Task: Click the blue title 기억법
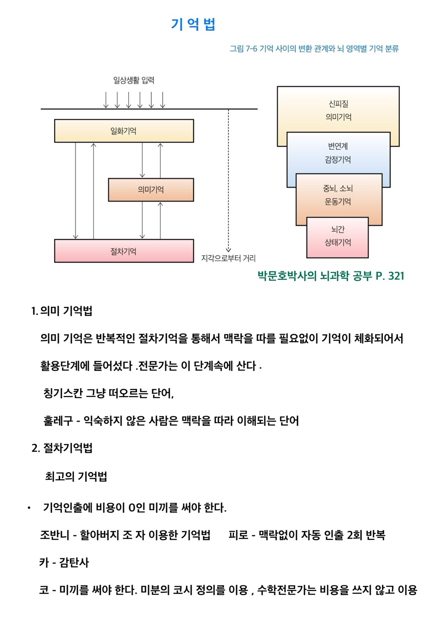pos(193,24)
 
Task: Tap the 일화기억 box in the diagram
pos(124,131)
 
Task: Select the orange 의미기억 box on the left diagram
pos(151,190)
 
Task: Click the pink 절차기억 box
pos(124,251)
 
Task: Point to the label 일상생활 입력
pos(133,80)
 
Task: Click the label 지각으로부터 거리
pos(228,258)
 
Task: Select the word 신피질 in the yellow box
pos(338,104)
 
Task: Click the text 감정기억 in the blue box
pos(338,159)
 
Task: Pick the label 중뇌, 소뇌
pos(338,188)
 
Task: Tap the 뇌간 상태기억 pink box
pos(337,237)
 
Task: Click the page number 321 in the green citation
pos(396,276)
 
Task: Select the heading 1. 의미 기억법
pos(62,311)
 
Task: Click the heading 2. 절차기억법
pos(62,448)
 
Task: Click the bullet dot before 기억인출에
pos(29,508)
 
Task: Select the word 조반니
pos(55,535)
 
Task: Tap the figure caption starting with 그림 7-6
pos(314,49)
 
